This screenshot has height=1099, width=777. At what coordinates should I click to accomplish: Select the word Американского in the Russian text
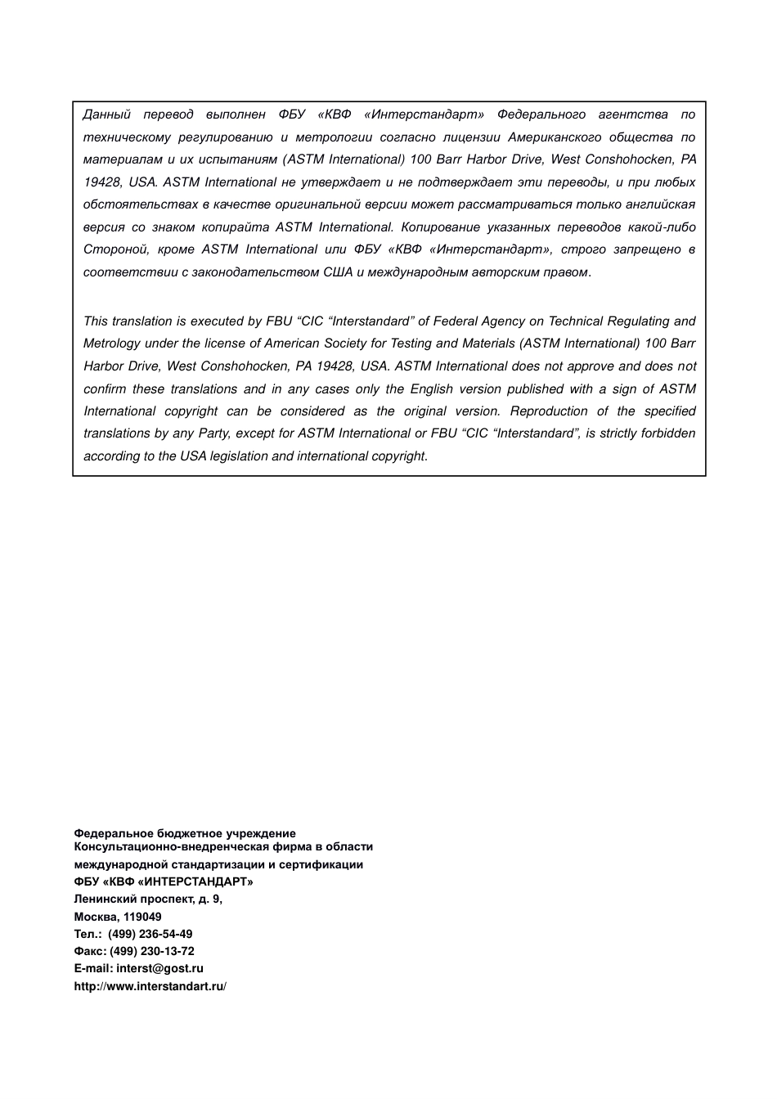click(x=554, y=137)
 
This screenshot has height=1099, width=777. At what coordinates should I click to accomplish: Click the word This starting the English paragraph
click(x=96, y=321)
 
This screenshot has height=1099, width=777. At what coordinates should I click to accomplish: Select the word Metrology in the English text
click(x=111, y=343)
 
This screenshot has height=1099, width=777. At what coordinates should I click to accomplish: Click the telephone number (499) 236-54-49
click(x=150, y=934)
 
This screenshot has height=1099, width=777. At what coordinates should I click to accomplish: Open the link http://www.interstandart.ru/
click(x=150, y=986)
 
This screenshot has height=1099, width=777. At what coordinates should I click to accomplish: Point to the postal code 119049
click(x=142, y=917)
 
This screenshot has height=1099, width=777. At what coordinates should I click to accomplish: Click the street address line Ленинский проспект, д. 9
click(x=148, y=899)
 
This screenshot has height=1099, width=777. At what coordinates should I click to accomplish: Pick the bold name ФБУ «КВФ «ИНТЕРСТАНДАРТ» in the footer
click(x=164, y=881)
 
